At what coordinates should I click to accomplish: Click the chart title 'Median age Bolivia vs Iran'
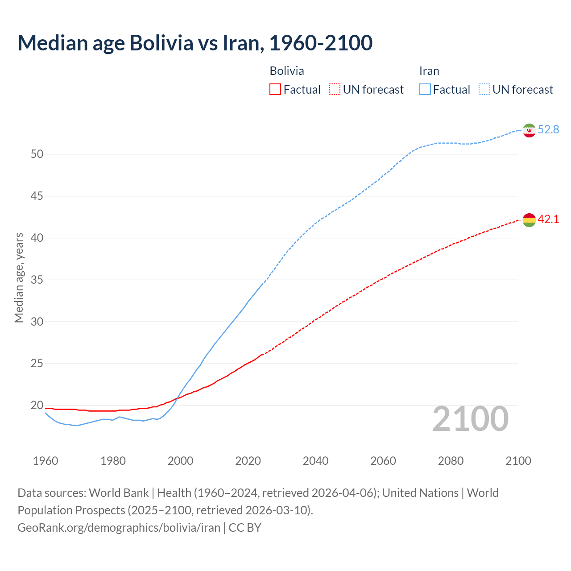[195, 43]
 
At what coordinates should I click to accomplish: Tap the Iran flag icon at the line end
[529, 130]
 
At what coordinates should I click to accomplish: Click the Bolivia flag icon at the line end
[529, 220]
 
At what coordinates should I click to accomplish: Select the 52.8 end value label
[548, 129]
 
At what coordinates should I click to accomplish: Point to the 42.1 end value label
[548, 219]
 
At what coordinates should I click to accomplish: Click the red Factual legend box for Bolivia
[275, 90]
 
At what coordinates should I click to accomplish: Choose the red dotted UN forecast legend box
[335, 90]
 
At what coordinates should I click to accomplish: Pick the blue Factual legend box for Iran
[425, 90]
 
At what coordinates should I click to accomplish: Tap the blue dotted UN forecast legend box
[484, 90]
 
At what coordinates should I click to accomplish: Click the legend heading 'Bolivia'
[287, 71]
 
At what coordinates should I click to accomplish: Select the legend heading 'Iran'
[429, 71]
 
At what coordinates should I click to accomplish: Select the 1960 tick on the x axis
[46, 461]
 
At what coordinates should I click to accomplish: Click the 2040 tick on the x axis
[315, 461]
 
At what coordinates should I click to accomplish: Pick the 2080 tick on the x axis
[451, 461]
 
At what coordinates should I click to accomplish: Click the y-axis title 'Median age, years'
[19, 277]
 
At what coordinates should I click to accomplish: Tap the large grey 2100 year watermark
[470, 418]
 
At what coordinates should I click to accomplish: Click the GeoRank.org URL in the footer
[119, 528]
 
